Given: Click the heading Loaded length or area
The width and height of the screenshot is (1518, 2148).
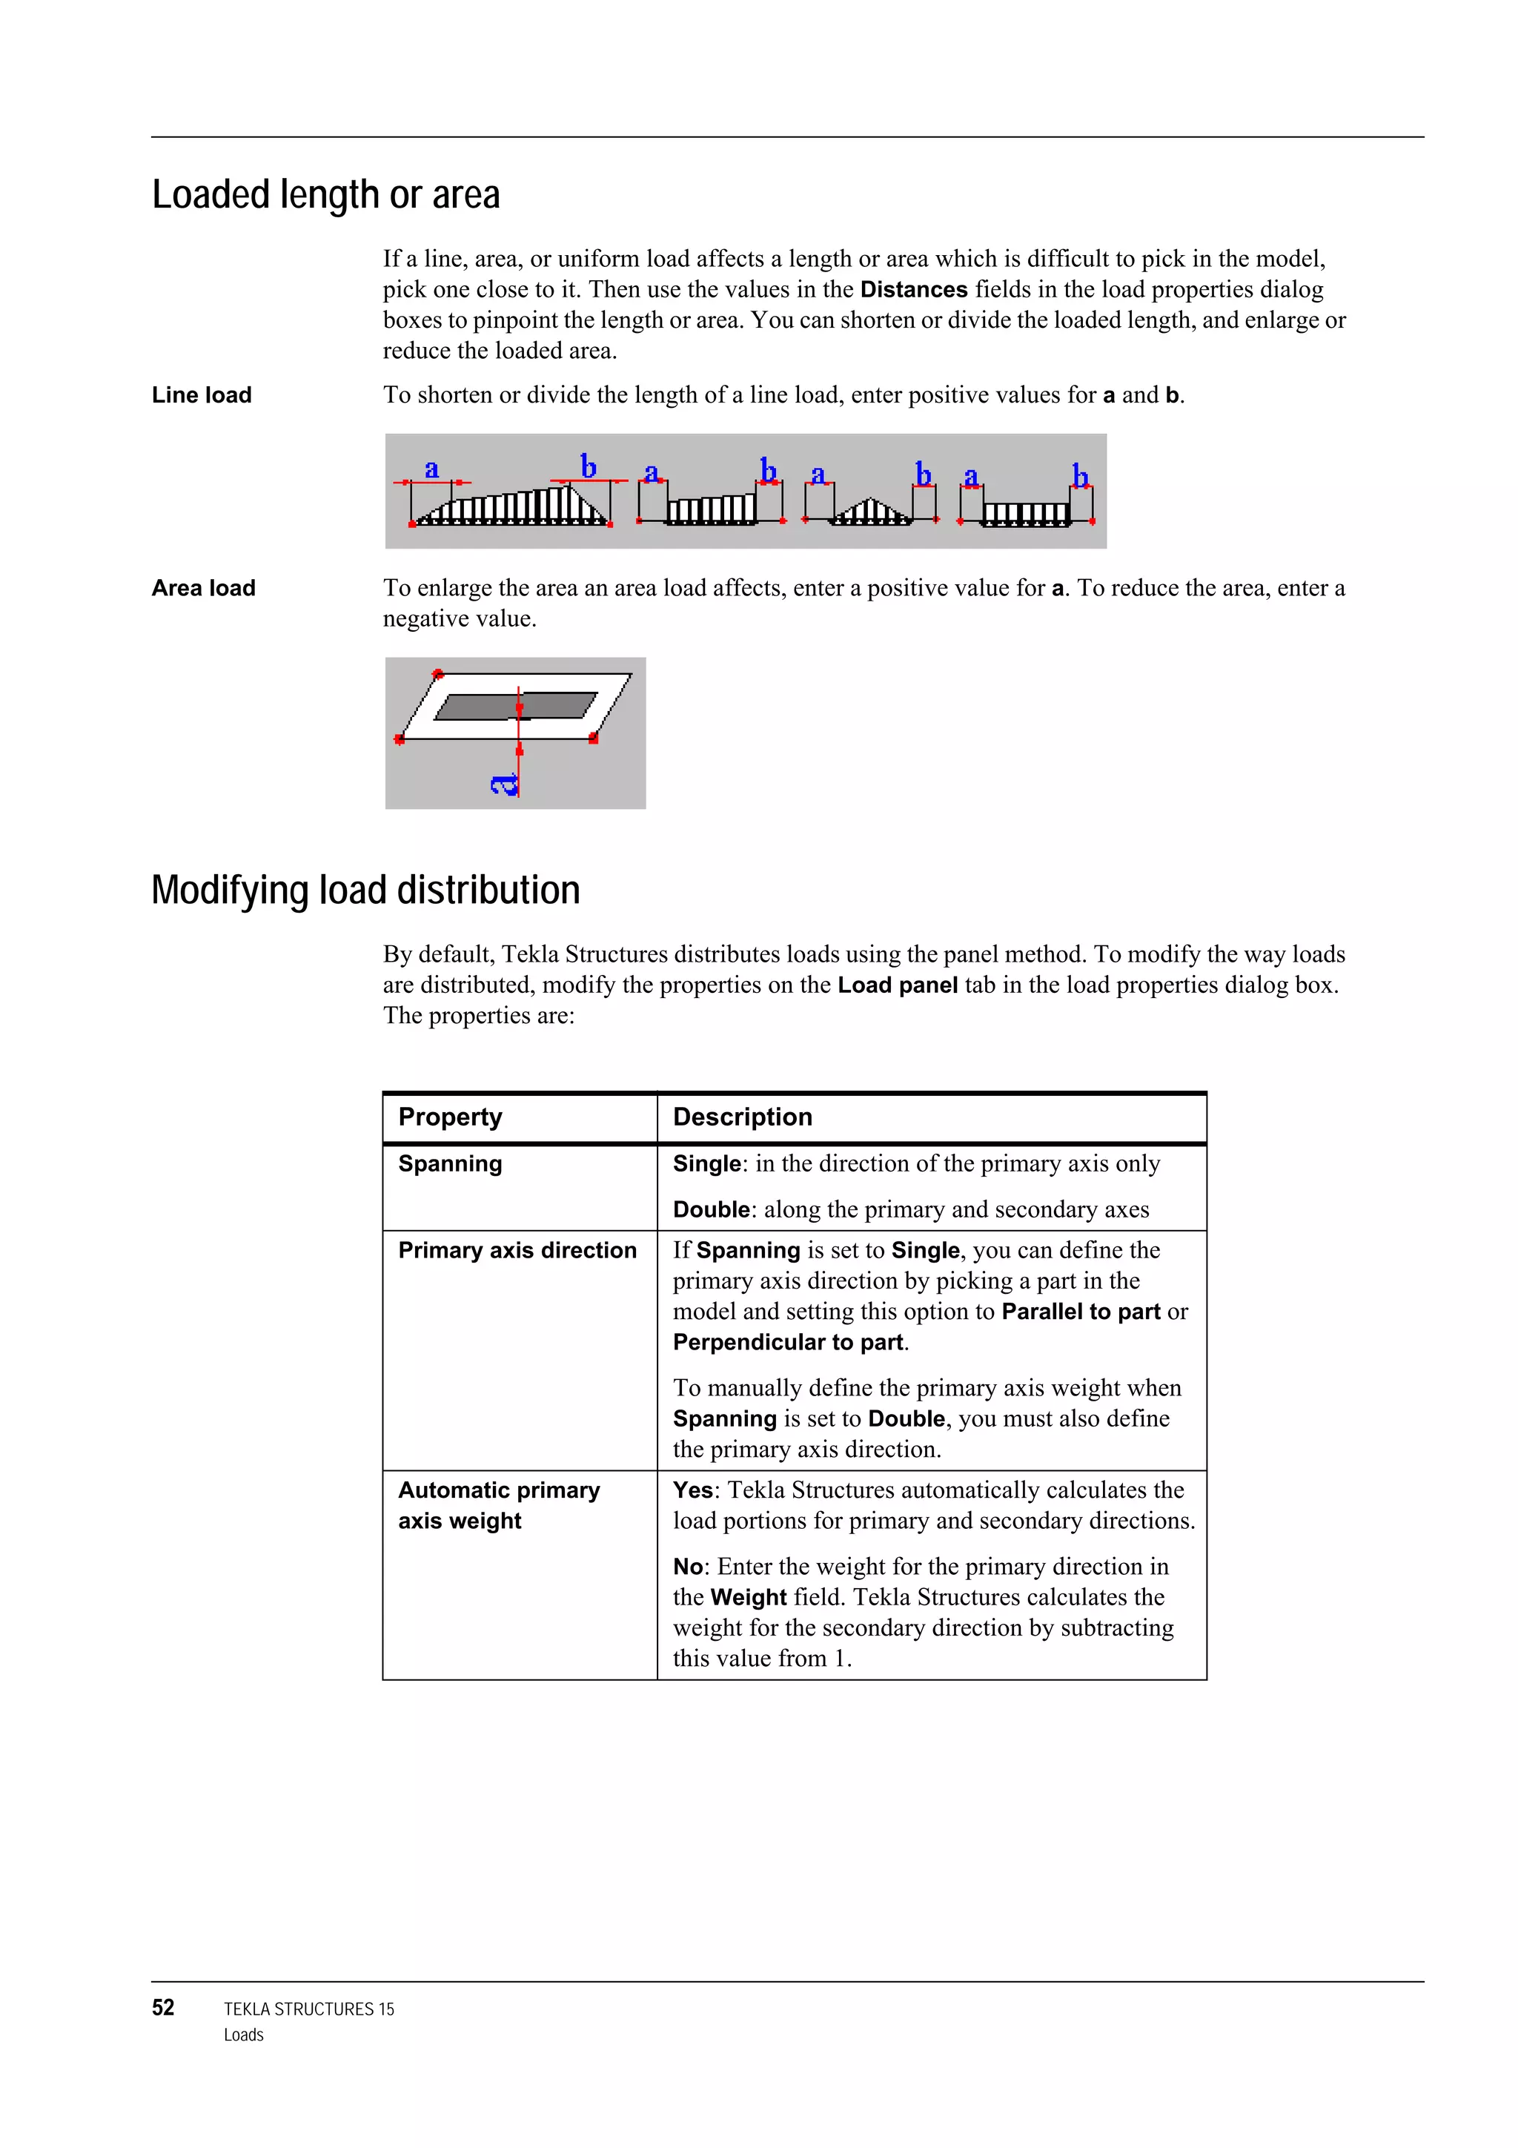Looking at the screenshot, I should [325, 194].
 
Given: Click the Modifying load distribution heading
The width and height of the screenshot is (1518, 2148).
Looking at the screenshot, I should [365, 890].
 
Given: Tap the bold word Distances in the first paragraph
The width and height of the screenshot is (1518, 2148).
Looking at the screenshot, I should [913, 289].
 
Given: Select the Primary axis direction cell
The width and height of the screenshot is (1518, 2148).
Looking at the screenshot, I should [517, 1250].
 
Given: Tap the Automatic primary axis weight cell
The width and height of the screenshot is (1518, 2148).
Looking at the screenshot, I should [499, 1504].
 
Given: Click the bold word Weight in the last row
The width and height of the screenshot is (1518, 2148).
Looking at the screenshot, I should [747, 1597].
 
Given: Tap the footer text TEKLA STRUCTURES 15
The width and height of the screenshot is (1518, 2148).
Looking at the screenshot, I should [308, 2009].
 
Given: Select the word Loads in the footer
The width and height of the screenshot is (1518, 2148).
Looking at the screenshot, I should [243, 2035].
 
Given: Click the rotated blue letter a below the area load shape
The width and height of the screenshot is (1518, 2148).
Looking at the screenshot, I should [504, 784].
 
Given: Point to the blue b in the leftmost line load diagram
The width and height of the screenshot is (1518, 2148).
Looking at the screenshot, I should [589, 465].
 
